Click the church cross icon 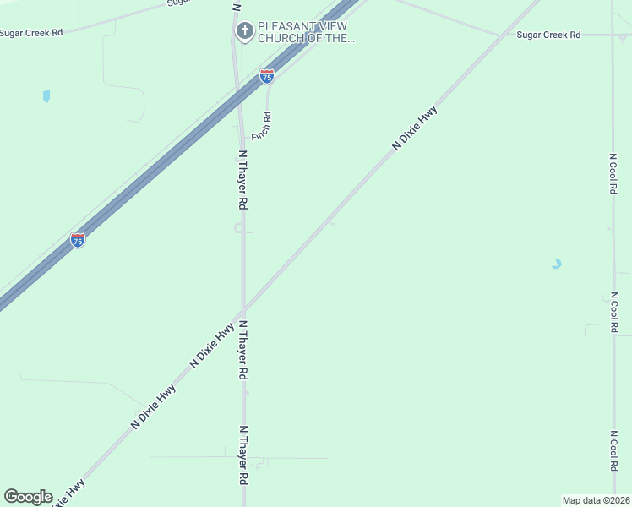[x=244, y=32]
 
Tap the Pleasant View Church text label [x=302, y=32]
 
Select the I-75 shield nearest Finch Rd [x=267, y=76]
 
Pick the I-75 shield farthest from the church [x=78, y=240]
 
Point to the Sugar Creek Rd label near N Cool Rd [x=549, y=35]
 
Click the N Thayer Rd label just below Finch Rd [x=242, y=180]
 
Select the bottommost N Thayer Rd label [x=244, y=455]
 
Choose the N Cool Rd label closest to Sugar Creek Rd [x=613, y=173]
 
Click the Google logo [x=28, y=497]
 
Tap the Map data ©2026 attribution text [x=597, y=499]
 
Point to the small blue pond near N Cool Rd [x=556, y=264]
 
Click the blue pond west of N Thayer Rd [x=46, y=96]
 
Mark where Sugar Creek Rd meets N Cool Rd [x=613, y=35]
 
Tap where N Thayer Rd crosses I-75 [x=237, y=98]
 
